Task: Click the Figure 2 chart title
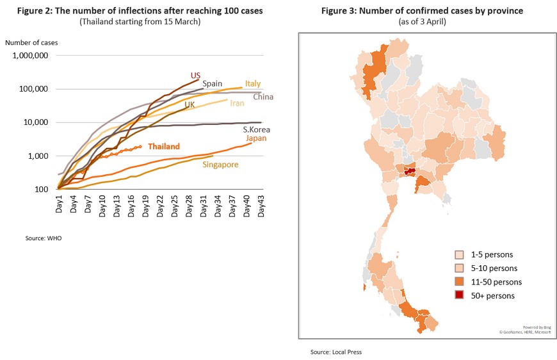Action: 140,11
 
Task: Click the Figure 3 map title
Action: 422,11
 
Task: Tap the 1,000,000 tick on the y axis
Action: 30,56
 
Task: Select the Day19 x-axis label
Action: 145,206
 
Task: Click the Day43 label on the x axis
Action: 261,206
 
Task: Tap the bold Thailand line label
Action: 164,147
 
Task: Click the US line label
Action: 195,76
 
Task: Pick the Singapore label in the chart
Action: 220,165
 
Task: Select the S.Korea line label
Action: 256,129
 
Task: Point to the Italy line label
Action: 252,83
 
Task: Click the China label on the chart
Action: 263,97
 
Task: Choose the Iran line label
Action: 237,103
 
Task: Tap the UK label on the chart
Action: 190,104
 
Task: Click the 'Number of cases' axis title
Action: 31,43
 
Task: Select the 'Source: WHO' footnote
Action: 44,238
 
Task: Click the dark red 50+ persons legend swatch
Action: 459,295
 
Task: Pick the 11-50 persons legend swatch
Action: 459,281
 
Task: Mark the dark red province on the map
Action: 410,172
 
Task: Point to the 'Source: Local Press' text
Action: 335,352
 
